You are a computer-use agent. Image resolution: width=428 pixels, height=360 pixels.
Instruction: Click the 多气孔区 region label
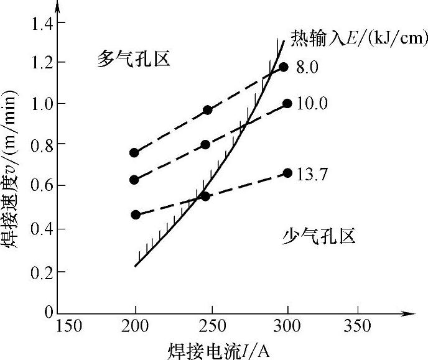point(133,59)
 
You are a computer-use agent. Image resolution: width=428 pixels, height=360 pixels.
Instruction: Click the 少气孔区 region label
point(319,236)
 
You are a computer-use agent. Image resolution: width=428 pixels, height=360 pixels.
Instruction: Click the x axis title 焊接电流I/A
point(218,349)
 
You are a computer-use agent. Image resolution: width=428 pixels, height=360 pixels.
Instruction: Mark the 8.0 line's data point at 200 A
point(134,153)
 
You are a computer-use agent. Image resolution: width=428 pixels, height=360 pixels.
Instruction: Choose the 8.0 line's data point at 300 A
point(284,67)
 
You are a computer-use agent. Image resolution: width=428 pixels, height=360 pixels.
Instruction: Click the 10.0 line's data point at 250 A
point(205,144)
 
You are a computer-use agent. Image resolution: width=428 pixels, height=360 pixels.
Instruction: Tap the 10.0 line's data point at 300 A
point(287,104)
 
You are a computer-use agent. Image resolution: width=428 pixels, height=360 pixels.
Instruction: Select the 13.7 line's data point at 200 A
point(136,215)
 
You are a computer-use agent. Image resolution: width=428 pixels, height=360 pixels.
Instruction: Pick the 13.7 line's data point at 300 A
point(287,173)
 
